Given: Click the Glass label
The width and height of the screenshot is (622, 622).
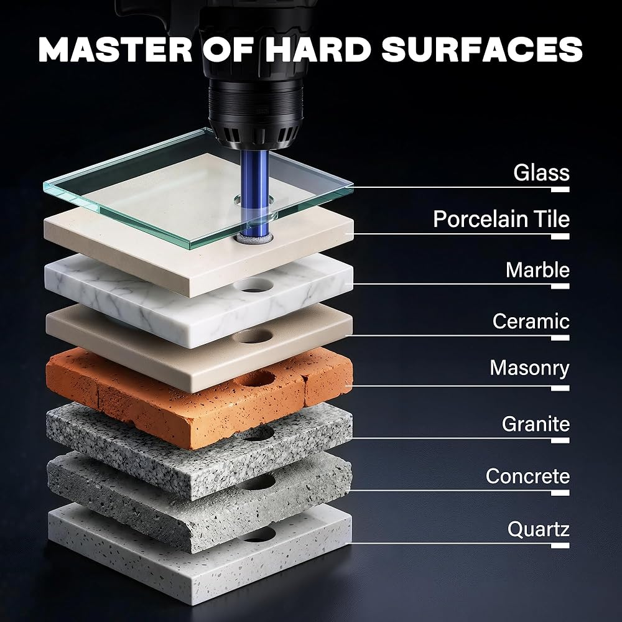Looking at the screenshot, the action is point(541,172).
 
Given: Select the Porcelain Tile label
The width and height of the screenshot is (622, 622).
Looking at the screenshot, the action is point(501,219).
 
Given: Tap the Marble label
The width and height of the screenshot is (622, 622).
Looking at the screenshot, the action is point(537,270).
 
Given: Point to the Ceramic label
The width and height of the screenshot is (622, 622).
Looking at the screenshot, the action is point(531,321).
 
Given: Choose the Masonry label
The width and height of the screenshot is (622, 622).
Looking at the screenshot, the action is point(529,368).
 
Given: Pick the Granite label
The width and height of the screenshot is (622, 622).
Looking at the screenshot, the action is point(536,424).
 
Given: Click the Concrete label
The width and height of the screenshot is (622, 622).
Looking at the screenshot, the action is point(527,476).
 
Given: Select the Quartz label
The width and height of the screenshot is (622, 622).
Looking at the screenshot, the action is point(538,529).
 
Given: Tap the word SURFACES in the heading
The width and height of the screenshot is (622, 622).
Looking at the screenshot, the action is point(482,50).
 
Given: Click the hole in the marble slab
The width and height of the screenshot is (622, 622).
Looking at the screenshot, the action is point(253,285).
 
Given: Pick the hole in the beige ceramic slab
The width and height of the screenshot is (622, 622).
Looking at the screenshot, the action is point(253,336).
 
